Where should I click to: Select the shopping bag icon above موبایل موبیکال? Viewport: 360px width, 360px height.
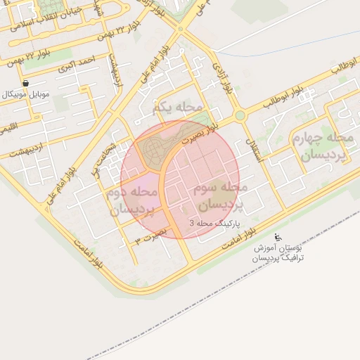pyautogui.click(x=26, y=83)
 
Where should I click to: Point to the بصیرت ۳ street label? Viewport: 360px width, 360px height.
pyautogui.click(x=151, y=236)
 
